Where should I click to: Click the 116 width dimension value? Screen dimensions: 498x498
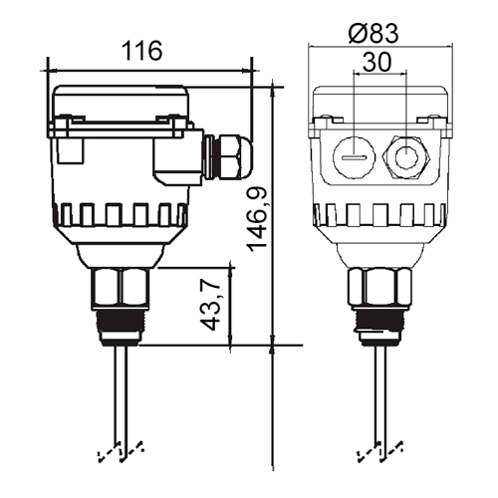pos(142,51)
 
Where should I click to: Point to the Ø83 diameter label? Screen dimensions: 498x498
pos(373,33)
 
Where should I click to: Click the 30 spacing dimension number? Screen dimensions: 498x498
pos(377,62)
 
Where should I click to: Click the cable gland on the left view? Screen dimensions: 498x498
pos(228,156)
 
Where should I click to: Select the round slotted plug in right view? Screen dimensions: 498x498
pos(355,156)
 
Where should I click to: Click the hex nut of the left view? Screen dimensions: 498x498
pos(120,286)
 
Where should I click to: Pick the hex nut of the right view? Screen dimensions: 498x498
pos(379,287)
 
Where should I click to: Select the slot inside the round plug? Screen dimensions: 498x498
pos(355,158)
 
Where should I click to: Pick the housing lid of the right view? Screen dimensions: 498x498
pos(380,103)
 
